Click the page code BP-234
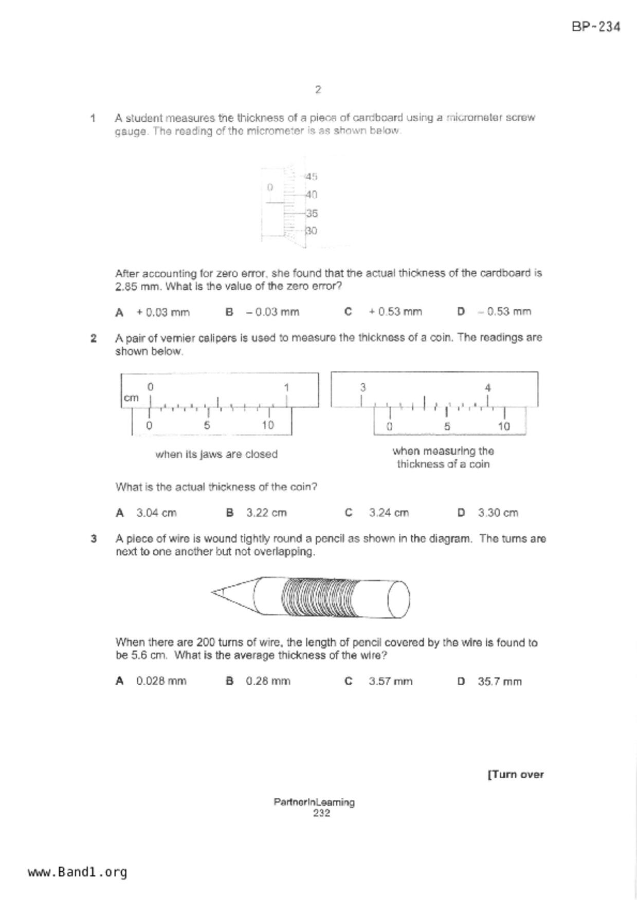(x=596, y=27)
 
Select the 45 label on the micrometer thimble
(x=312, y=177)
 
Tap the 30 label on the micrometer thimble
(x=312, y=231)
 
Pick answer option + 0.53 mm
(x=395, y=312)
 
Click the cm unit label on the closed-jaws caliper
(x=131, y=398)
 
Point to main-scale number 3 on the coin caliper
(x=362, y=387)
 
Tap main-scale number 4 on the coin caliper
(x=488, y=388)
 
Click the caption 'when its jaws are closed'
(x=216, y=455)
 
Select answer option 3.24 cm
(x=389, y=513)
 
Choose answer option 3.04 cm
(x=156, y=513)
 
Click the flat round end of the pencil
(x=398, y=599)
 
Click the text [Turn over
(x=515, y=775)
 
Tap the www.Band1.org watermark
(x=77, y=872)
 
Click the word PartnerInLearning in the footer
(x=314, y=802)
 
